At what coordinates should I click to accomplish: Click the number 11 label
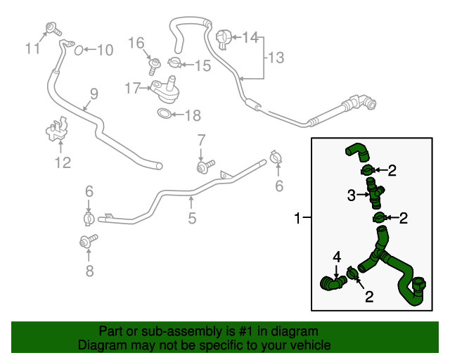(32, 49)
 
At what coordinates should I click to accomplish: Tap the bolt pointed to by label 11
(51, 29)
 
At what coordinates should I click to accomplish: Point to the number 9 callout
(94, 94)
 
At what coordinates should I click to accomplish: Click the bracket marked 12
(57, 134)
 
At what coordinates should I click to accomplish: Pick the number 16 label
(136, 44)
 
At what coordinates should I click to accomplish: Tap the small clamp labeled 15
(172, 65)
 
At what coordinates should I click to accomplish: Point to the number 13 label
(276, 58)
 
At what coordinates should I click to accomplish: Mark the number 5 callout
(191, 219)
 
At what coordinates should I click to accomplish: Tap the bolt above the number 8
(87, 241)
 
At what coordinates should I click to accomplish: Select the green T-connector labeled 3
(373, 193)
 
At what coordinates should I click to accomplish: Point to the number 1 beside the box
(298, 219)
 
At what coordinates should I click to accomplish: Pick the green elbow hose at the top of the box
(356, 151)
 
